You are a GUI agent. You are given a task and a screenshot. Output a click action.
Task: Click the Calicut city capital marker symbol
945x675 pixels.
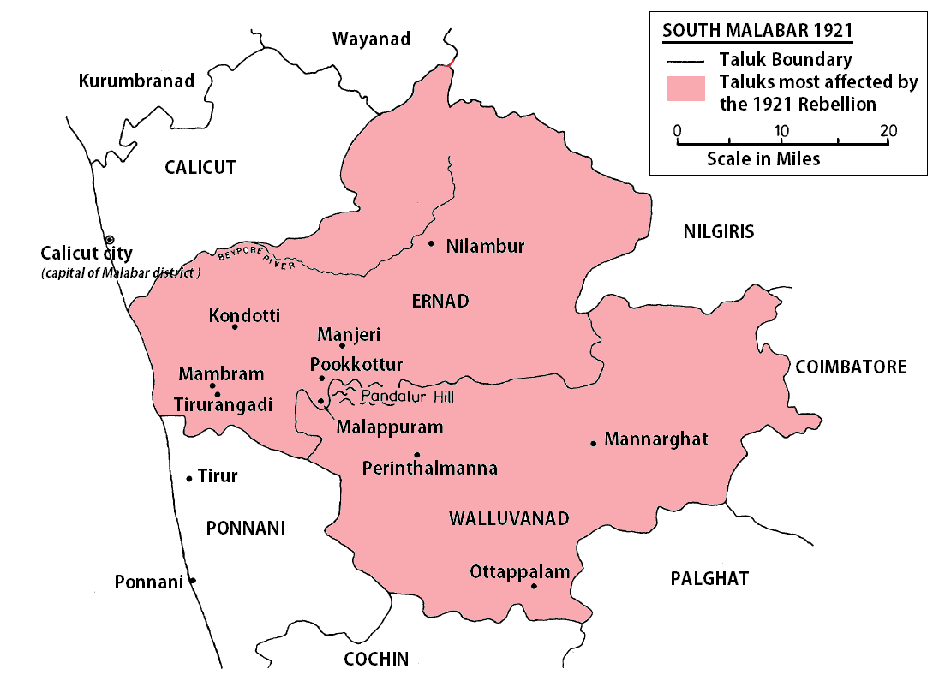point(109,239)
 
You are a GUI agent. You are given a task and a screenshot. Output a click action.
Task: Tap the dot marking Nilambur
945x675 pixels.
point(431,243)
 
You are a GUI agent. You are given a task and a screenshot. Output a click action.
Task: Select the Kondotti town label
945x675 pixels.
point(244,315)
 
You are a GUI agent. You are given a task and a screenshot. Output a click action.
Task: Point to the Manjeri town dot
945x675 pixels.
point(342,345)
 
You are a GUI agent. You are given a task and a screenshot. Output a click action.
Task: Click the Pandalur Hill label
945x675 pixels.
point(406,397)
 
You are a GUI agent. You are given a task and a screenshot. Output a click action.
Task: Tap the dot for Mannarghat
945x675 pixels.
point(593,443)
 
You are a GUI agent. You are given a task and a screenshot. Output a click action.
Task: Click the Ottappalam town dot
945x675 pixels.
point(534,586)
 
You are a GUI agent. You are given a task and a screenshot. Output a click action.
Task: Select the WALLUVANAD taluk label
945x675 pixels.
point(509,518)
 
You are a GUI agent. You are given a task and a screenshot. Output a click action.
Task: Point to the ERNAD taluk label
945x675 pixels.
point(440,301)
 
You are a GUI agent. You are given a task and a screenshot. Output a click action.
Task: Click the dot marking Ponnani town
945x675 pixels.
point(193,581)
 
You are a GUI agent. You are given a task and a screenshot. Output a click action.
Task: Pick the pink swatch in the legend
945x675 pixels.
point(685,89)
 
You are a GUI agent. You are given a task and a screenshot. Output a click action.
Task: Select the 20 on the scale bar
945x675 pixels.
point(888,131)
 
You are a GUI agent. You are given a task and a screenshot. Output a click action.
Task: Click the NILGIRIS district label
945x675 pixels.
point(718,230)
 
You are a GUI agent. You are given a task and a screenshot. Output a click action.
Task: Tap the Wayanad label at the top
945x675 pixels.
point(371,39)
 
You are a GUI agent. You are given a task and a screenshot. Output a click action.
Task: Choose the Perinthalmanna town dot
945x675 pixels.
point(416,454)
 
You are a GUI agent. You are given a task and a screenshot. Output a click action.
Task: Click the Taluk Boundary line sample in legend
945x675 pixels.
point(685,61)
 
